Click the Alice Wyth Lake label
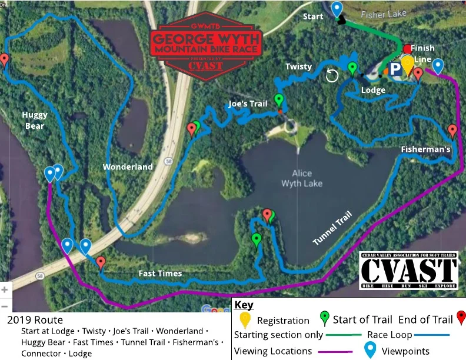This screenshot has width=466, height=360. pos(302,178)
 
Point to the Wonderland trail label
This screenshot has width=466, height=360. pos(128,166)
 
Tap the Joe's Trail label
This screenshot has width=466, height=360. pos(248,104)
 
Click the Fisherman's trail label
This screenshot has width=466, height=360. pos(426,149)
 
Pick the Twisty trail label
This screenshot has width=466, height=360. pos(298,66)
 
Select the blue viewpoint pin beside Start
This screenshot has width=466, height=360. pos(337,9)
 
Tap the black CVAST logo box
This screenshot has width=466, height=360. pos(408,271)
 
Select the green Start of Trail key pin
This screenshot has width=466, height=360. pos(324,318)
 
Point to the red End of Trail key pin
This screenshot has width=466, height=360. pos(461,318)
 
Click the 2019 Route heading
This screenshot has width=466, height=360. pos(35,321)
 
